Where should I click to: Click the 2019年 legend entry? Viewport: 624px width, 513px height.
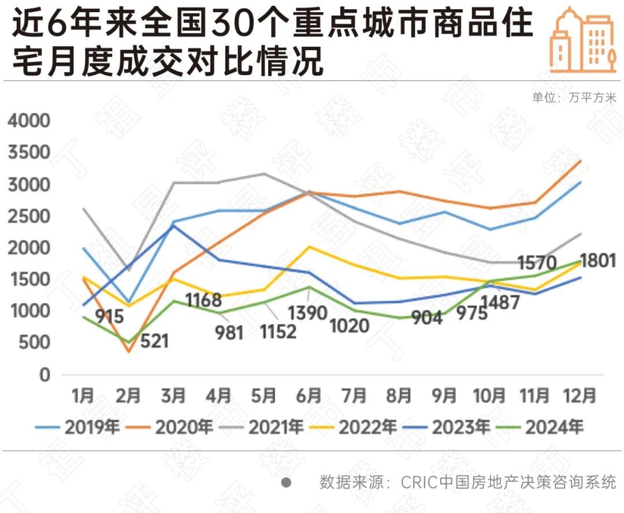click(79, 428)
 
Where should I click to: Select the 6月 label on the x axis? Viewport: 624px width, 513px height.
click(309, 396)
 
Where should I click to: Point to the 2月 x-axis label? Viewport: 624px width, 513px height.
click(128, 396)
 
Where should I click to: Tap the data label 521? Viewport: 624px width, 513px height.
click(154, 341)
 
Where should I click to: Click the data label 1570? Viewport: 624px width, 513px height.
click(537, 263)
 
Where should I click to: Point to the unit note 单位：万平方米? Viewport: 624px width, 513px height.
click(574, 98)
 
